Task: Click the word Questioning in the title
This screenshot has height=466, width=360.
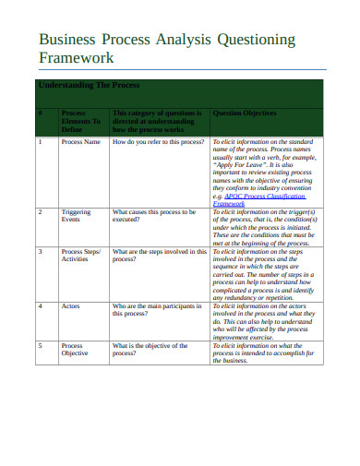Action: pyautogui.click(x=255, y=40)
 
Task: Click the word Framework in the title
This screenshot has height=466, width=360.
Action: pyautogui.click(x=75, y=58)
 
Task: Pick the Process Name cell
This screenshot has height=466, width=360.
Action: pyautogui.click(x=79, y=143)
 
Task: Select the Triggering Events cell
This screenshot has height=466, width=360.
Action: pyautogui.click(x=76, y=216)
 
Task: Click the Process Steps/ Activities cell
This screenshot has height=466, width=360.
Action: pyautogui.click(x=79, y=256)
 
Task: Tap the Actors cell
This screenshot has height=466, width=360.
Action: pyautogui.click(x=70, y=305)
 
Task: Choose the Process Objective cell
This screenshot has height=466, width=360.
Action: pyautogui.click(x=75, y=350)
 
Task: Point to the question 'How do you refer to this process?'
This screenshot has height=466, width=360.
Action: pyautogui.click(x=158, y=143)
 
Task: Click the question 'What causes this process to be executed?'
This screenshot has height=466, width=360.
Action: pyautogui.click(x=153, y=216)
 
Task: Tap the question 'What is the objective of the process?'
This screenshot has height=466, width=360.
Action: pyautogui.click(x=151, y=350)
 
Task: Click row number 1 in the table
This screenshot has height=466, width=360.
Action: pyautogui.click(x=41, y=143)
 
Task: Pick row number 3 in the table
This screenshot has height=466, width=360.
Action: pyautogui.click(x=41, y=251)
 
